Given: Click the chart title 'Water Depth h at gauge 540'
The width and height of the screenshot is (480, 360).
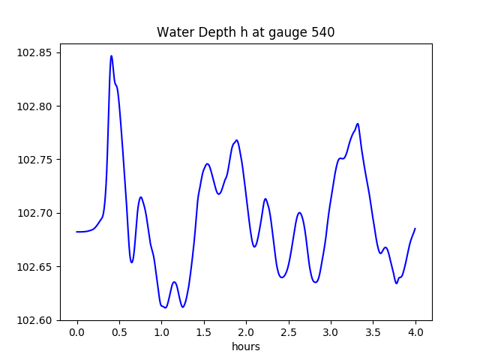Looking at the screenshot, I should [245, 33].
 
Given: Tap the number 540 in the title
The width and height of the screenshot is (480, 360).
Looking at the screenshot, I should [323, 33].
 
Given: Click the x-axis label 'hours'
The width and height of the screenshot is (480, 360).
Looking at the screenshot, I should [246, 347].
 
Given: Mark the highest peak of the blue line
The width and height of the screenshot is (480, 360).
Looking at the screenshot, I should [111, 55].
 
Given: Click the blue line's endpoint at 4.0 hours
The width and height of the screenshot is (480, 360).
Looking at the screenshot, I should [415, 229].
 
